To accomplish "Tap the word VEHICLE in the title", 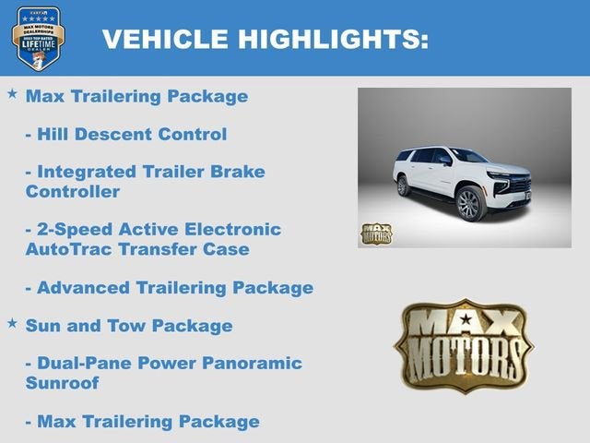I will click(165, 39).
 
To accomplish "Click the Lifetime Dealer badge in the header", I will click(38, 38).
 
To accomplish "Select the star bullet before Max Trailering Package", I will click(12, 94).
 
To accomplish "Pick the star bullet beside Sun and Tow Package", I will click(12, 324).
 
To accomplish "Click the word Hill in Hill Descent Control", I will click(53, 134).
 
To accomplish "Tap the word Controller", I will click(73, 191).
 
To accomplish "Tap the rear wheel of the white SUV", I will click(403, 186).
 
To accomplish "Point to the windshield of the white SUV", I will click(469, 156).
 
